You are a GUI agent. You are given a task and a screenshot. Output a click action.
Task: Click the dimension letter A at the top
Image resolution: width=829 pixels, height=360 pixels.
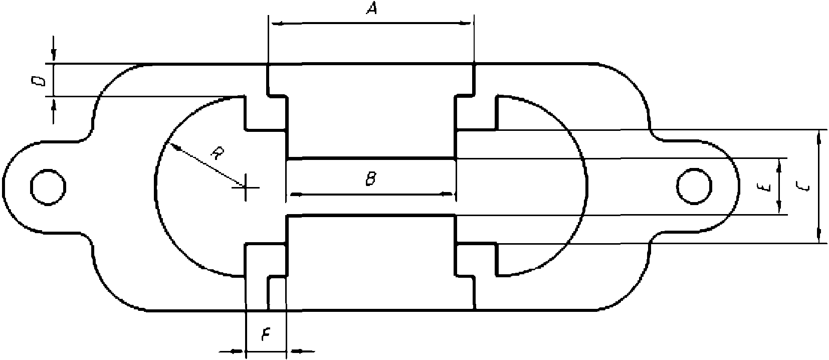click(372, 8)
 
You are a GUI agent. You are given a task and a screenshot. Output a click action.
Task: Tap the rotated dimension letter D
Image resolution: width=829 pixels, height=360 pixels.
click(39, 81)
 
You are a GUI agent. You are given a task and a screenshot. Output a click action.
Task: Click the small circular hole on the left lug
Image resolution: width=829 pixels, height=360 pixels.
click(48, 187)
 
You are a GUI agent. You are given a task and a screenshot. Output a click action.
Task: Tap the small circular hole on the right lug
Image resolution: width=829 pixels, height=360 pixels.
click(694, 187)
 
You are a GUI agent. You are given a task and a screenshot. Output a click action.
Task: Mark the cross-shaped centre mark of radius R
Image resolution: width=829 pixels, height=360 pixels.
click(246, 188)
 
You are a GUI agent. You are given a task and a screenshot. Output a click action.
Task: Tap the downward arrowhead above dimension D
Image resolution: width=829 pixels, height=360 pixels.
click(54, 55)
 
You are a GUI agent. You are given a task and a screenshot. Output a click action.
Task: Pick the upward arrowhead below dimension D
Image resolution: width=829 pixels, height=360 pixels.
click(54, 105)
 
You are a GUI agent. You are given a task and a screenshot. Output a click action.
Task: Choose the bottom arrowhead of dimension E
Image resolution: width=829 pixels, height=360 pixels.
click(779, 207)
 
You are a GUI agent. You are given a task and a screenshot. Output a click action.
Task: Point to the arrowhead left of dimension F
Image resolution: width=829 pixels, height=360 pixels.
click(237, 351)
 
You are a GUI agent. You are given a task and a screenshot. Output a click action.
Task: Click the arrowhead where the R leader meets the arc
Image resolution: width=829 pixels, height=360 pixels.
click(175, 147)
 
